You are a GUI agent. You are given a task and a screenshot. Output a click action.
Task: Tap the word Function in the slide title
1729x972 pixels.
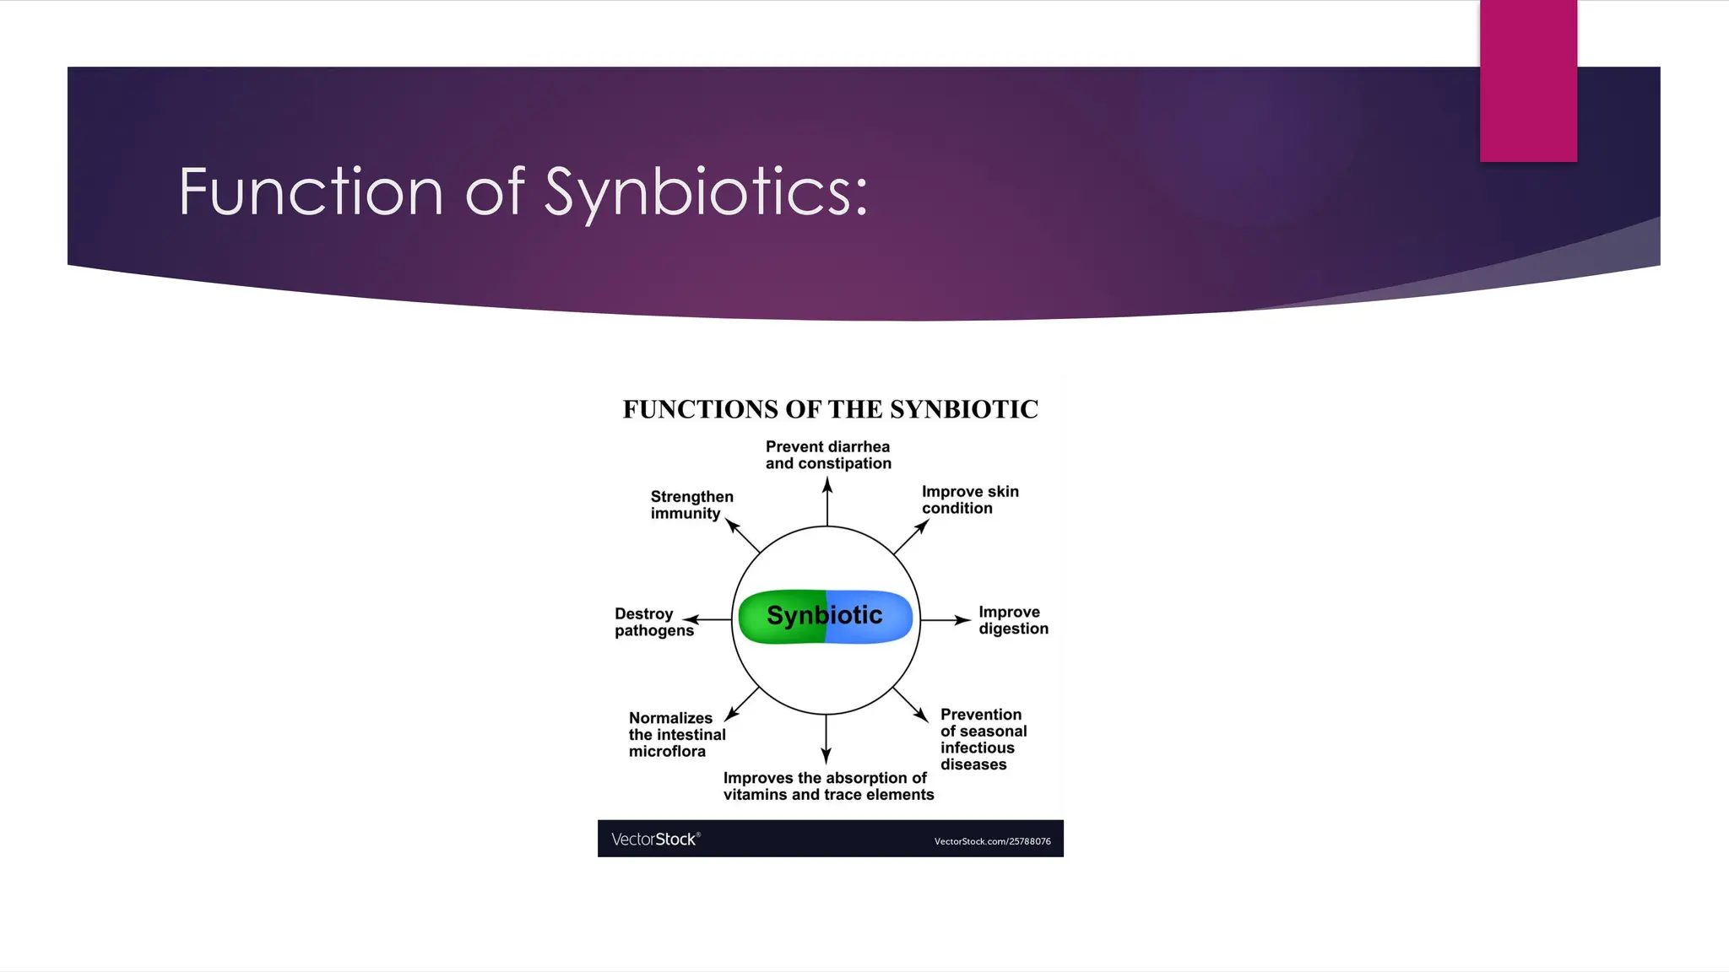pyautogui.click(x=311, y=192)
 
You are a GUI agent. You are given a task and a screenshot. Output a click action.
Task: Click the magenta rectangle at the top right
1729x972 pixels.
pyautogui.click(x=1528, y=81)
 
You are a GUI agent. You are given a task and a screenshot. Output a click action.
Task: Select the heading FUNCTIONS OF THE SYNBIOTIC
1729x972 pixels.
pyautogui.click(x=830, y=409)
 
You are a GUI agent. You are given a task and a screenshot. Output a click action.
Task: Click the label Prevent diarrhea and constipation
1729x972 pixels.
pyautogui.click(x=828, y=455)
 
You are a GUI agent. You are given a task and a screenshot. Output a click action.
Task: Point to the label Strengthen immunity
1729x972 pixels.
pyautogui.click(x=691, y=505)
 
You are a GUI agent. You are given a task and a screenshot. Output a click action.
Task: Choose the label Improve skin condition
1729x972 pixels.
pyautogui.click(x=969, y=499)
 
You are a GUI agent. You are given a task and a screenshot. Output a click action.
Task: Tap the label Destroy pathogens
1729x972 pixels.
pyautogui.click(x=653, y=622)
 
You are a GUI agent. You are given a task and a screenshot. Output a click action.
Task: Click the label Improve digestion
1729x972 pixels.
pyautogui.click(x=1012, y=620)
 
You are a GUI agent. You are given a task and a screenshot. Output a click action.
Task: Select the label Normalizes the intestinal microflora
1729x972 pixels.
pyautogui.click(x=676, y=734)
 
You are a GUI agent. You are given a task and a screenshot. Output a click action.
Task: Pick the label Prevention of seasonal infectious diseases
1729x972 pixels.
pyautogui.click(x=983, y=739)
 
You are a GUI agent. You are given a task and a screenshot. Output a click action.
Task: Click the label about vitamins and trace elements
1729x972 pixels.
pyautogui.click(x=828, y=786)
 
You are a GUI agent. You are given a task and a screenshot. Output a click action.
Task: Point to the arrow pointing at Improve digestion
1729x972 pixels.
pyautogui.click(x=945, y=620)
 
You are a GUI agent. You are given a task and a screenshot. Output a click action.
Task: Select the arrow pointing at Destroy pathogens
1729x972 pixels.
pyautogui.click(x=707, y=620)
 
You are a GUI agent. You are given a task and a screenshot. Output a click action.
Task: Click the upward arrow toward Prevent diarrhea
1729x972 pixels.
pyautogui.click(x=827, y=501)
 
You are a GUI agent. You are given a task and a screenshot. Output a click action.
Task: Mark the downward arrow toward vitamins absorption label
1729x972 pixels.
pyautogui.click(x=826, y=739)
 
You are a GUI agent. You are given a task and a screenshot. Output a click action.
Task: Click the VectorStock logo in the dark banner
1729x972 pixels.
pyautogui.click(x=655, y=839)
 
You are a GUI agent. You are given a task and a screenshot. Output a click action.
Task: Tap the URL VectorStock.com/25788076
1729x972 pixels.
pyautogui.click(x=992, y=841)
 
